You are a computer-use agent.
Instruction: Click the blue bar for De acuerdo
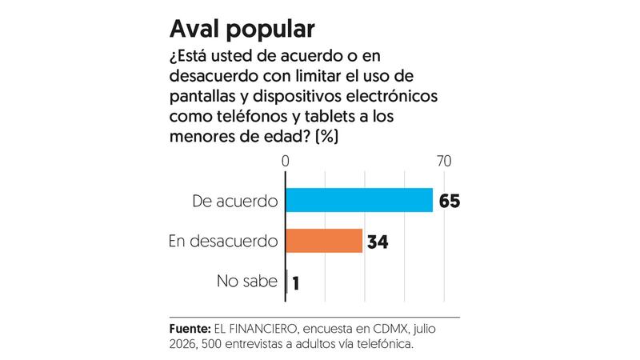tap(359, 200)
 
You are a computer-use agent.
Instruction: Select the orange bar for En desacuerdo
tap(324, 241)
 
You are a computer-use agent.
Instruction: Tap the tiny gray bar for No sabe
tap(287, 282)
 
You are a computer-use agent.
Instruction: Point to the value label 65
tap(450, 201)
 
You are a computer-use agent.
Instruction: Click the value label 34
tap(378, 242)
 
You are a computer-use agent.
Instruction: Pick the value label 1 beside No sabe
tap(296, 283)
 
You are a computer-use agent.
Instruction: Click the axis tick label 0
tap(286, 162)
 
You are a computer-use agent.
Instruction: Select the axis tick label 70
tap(444, 162)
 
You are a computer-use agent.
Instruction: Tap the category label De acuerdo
tap(235, 201)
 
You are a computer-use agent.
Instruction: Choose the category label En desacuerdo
tap(223, 241)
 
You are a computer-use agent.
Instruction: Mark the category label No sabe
tap(247, 281)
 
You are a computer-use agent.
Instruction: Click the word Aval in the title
tap(194, 29)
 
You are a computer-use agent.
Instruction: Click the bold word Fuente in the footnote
tap(190, 329)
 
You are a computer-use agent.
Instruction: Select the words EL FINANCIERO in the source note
tap(255, 329)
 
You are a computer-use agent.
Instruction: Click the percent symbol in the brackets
tap(327, 136)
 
